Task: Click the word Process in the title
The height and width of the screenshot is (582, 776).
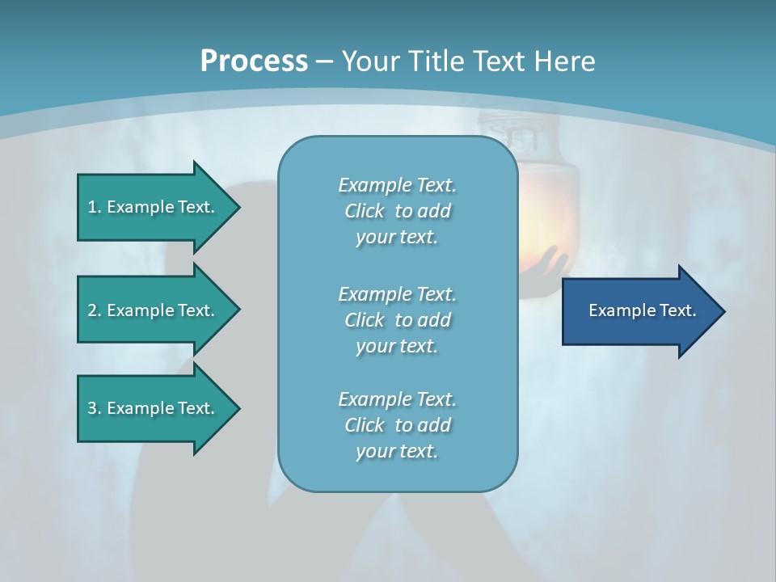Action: pos(254,61)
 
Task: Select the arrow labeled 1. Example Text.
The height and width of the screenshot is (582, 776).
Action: pos(154,207)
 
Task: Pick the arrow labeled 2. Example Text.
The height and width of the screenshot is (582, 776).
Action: pos(154,310)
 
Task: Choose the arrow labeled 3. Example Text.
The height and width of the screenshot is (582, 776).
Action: pos(154,408)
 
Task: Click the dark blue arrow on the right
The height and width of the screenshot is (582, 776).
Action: pos(639,311)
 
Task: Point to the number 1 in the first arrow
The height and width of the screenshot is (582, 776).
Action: pos(92,207)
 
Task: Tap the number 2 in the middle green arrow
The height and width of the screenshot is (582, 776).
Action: pos(92,310)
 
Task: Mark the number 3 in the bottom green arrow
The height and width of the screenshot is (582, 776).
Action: pos(92,408)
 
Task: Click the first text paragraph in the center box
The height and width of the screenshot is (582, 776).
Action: pos(397,211)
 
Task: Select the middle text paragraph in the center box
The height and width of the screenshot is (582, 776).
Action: pos(397,320)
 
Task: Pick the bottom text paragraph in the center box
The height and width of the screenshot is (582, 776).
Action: pos(397,425)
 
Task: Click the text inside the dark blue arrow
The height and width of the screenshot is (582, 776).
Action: pos(642,310)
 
